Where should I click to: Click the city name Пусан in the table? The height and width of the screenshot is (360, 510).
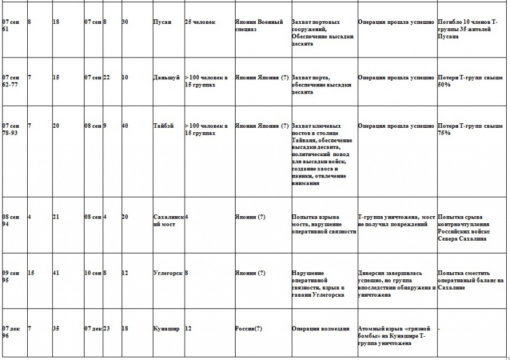coord(162,22)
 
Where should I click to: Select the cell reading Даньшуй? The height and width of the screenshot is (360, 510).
coord(166,77)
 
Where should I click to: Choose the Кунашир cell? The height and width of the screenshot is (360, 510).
coord(167,328)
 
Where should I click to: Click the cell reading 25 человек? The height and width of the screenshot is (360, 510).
coord(200,22)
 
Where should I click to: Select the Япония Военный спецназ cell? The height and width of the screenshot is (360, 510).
coord(259,26)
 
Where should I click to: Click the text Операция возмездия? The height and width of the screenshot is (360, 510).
coord(321,328)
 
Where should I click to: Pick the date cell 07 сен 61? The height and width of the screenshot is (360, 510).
coord(11,26)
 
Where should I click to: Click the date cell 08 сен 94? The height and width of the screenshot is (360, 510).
coord(11,221)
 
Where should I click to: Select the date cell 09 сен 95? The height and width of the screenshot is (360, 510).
coord(11,277)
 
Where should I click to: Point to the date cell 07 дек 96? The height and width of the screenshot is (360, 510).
coord(11,332)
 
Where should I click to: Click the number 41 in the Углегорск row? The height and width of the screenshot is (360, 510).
coord(56,273)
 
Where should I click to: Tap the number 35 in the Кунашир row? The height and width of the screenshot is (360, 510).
coord(56,328)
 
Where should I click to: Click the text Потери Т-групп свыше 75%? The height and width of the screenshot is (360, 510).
coord(469,130)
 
